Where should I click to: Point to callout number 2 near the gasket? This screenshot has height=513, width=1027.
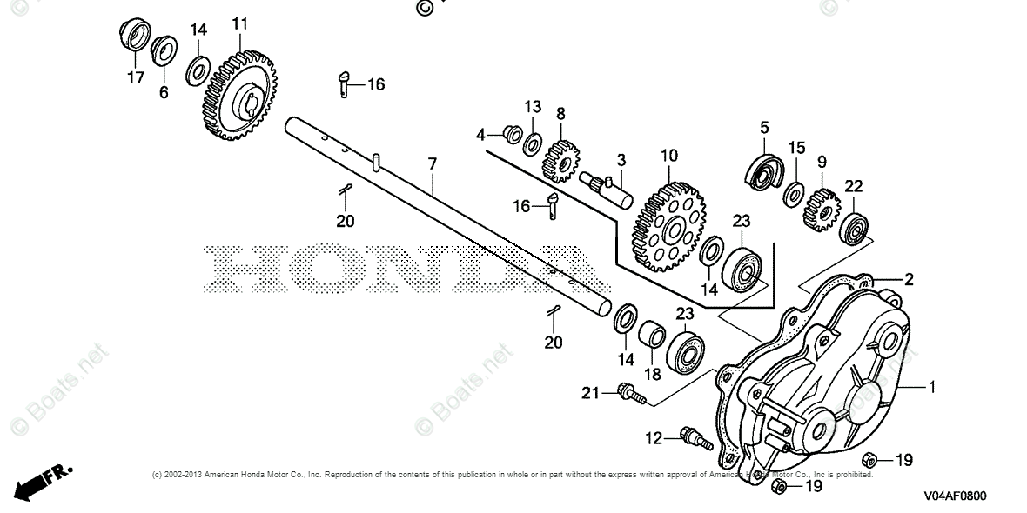coord(908,279)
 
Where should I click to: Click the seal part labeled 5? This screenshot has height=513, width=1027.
coord(763,170)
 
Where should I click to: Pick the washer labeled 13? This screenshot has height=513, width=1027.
coord(533,143)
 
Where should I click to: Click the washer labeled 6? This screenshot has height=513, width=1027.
coord(162,50)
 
